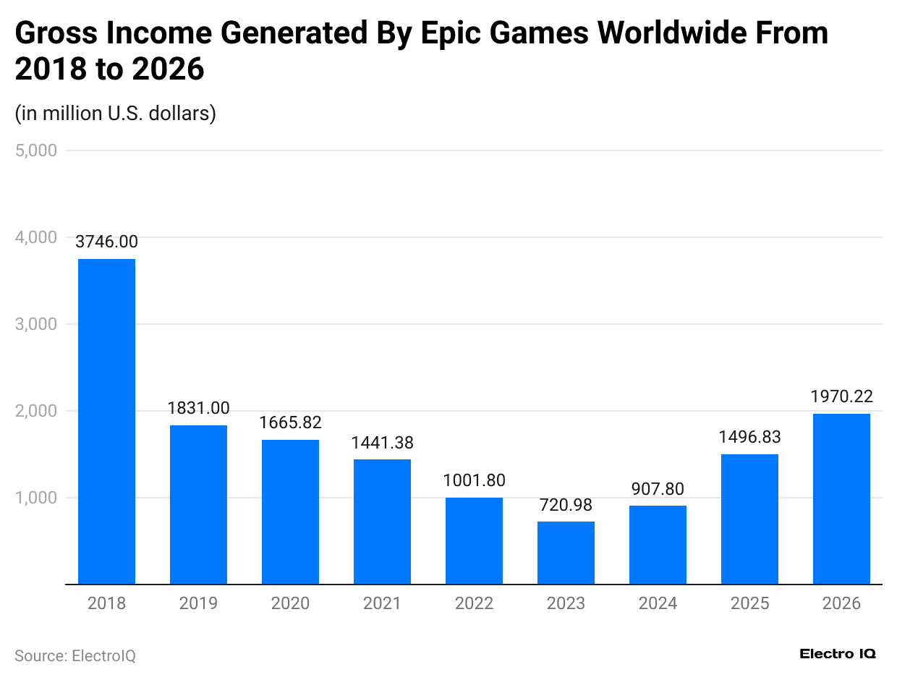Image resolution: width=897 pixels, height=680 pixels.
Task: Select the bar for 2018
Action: click(x=106, y=421)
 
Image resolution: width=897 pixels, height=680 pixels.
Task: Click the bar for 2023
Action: click(x=566, y=553)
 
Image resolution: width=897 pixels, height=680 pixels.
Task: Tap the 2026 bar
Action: click(x=841, y=498)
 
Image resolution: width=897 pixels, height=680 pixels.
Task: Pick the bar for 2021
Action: click(x=382, y=522)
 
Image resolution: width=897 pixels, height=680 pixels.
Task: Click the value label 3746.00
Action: click(x=106, y=242)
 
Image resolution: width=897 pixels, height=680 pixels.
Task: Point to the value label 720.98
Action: click(x=566, y=505)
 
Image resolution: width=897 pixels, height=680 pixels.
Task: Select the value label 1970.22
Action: click(x=841, y=396)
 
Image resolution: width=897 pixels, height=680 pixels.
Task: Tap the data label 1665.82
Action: click(x=290, y=422)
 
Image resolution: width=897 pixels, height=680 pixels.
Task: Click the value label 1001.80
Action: click(x=474, y=480)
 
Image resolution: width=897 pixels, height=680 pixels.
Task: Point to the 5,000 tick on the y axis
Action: click(x=35, y=150)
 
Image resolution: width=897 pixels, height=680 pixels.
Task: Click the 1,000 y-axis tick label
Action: click(x=35, y=498)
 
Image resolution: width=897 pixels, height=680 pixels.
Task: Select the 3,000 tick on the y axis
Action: click(x=35, y=324)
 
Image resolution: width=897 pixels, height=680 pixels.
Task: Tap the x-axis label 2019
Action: click(x=198, y=603)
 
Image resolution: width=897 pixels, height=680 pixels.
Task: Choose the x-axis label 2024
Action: click(x=658, y=603)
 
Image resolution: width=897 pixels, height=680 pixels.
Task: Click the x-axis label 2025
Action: click(x=749, y=603)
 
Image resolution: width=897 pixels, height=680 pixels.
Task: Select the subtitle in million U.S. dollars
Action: click(x=116, y=114)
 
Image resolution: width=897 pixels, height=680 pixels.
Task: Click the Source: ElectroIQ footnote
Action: click(x=75, y=655)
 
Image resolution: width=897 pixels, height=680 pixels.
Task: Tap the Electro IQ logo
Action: click(x=838, y=653)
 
